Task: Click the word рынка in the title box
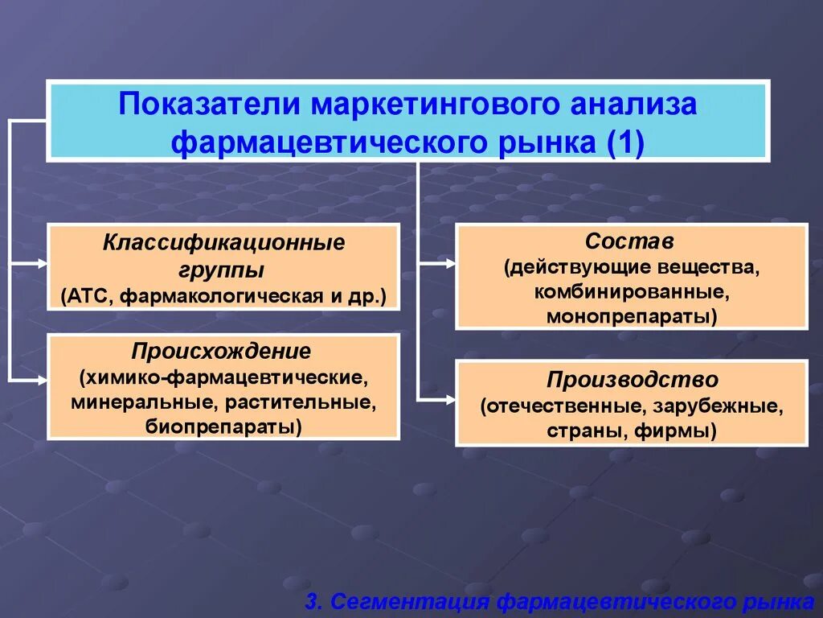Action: click(x=546, y=143)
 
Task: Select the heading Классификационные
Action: click(x=223, y=242)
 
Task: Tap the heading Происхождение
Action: click(x=222, y=352)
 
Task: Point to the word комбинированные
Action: click(x=631, y=290)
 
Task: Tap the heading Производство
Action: click(x=632, y=379)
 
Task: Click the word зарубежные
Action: click(x=720, y=406)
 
